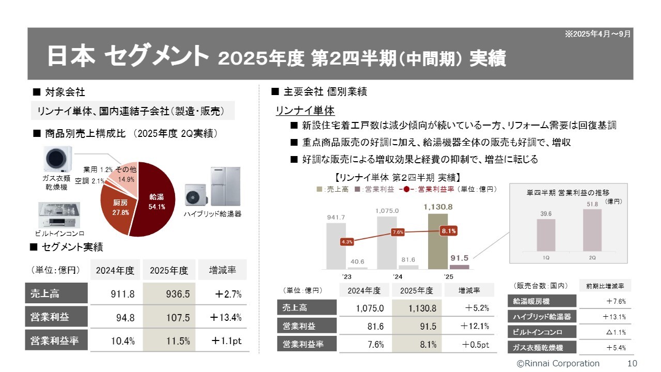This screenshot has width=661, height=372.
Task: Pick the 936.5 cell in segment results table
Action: tap(169, 294)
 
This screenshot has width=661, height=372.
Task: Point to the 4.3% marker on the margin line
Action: tap(347, 241)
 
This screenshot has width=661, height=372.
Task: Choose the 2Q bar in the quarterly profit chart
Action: tap(592, 230)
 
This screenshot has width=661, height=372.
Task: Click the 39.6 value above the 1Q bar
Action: tap(546, 213)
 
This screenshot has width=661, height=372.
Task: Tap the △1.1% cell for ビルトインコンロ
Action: tap(604, 332)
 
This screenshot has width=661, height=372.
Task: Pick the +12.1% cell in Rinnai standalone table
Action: tap(469, 326)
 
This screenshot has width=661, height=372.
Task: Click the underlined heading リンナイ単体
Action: tap(305, 111)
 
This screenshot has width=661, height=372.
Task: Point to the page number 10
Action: tap(632, 363)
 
